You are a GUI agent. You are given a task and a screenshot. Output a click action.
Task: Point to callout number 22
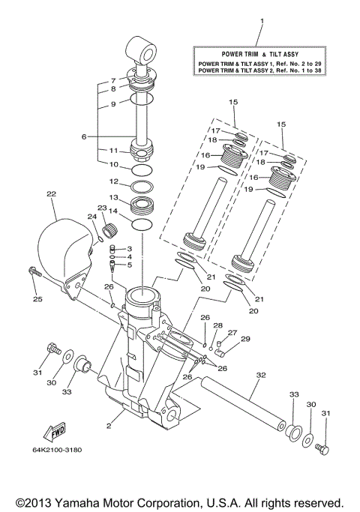[51, 194]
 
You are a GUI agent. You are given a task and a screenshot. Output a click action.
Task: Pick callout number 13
[112, 197]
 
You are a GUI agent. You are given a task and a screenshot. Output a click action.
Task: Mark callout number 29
[244, 340]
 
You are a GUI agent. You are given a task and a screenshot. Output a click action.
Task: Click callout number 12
[112, 181]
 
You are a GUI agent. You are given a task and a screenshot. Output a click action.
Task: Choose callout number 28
[217, 325]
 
